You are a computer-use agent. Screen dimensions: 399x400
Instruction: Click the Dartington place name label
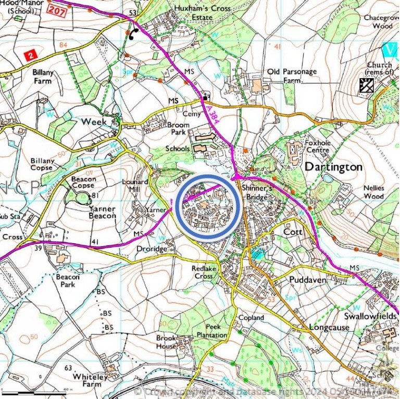point(333,167)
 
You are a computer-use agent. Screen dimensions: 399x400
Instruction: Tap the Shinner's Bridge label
point(255,193)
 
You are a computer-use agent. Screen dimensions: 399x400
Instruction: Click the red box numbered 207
point(57,10)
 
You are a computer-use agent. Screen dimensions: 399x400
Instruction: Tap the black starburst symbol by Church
point(367,85)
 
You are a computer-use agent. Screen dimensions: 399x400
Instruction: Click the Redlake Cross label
point(203,272)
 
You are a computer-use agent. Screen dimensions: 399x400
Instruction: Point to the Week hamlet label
point(93,121)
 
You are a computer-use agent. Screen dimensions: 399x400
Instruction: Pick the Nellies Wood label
point(373,192)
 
